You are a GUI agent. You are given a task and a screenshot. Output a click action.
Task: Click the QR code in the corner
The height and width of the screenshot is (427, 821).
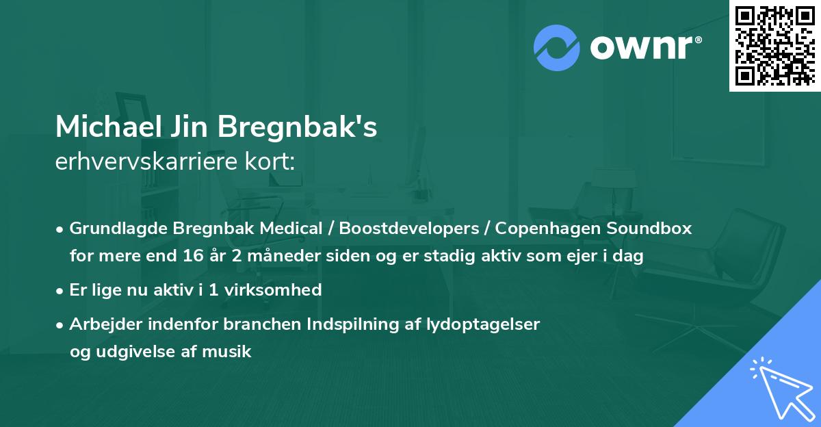[x=775, y=45]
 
